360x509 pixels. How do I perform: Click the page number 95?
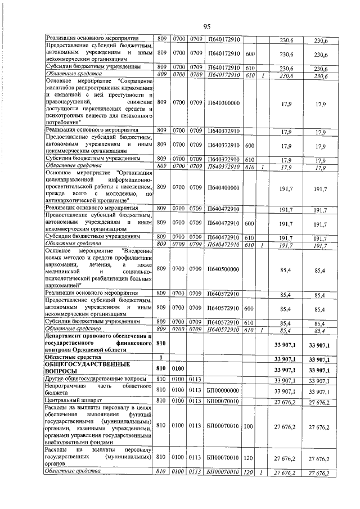[x=206, y=26]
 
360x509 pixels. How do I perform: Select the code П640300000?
[x=223, y=103]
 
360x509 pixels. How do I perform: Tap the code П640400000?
[x=223, y=187]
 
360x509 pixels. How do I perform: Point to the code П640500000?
[x=223, y=269]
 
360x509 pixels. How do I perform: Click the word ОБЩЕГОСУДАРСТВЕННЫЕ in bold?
[x=82, y=366]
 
